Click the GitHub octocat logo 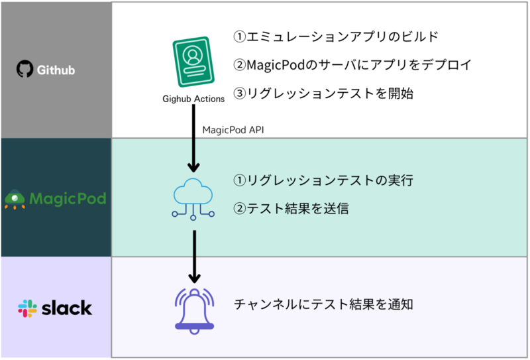click(25, 69)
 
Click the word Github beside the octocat click(56, 70)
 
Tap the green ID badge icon click(193, 62)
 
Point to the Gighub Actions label click(193, 99)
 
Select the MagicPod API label click(233, 130)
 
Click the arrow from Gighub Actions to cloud click(193, 138)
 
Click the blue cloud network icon click(193, 200)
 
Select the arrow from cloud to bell click(194, 257)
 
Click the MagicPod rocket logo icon click(15, 200)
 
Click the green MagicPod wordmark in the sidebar click(68, 199)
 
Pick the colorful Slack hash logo click(27, 308)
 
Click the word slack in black click(67, 308)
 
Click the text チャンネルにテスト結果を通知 click(323, 304)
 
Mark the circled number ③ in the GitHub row click(240, 93)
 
